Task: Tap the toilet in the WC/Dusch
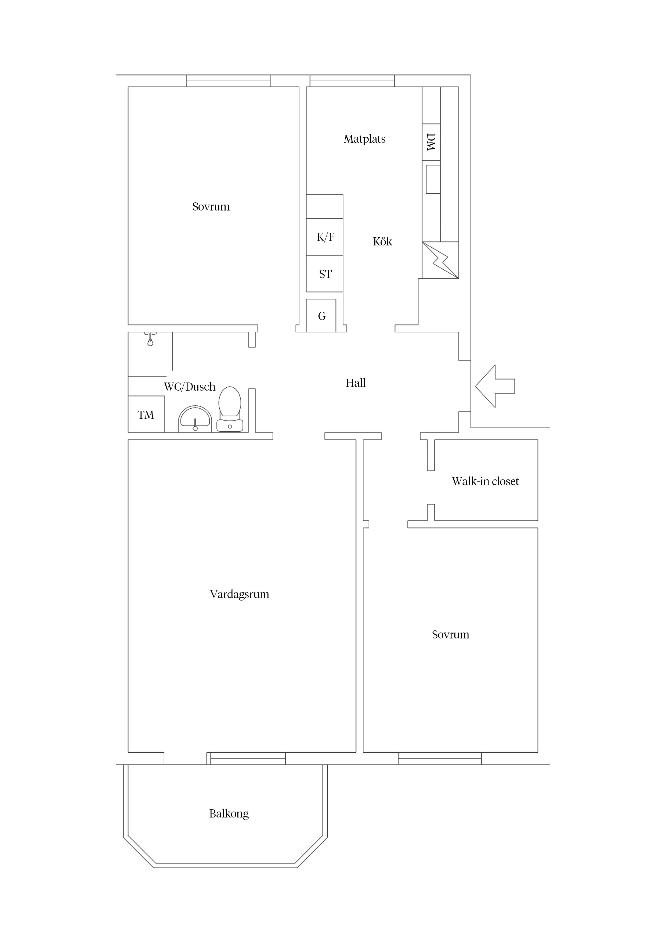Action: tap(230, 409)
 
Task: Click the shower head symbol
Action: tap(150, 339)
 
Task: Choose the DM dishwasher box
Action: tap(431, 142)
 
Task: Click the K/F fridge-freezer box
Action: tap(325, 237)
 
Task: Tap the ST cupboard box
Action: tap(325, 274)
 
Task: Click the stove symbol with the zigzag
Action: tap(440, 260)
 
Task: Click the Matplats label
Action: tap(364, 139)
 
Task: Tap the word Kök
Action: tap(382, 241)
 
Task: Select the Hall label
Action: tap(355, 383)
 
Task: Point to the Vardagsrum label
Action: tap(240, 594)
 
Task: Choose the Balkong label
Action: tap(229, 814)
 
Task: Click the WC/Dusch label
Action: tap(190, 387)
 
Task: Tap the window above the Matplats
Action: tap(352, 81)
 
